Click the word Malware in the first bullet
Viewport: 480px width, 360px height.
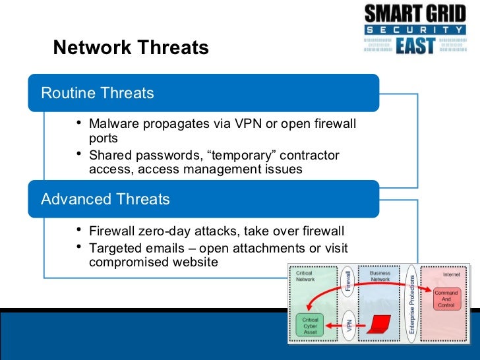point(113,124)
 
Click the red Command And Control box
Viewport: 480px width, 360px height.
point(446,299)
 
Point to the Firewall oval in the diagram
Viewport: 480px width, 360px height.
point(348,282)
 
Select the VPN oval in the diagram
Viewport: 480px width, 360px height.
point(348,324)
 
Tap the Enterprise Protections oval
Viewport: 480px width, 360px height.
point(411,303)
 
